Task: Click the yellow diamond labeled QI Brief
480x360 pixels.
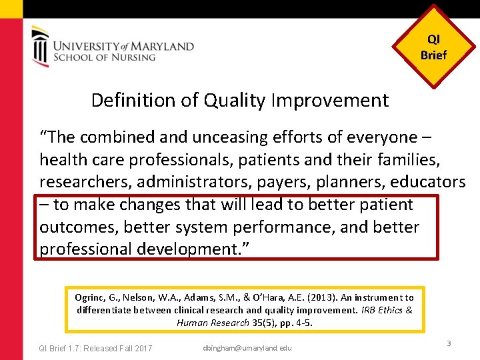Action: tap(433, 47)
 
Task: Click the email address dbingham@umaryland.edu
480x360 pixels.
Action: tap(247, 348)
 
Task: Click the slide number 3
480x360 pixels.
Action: tap(449, 343)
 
